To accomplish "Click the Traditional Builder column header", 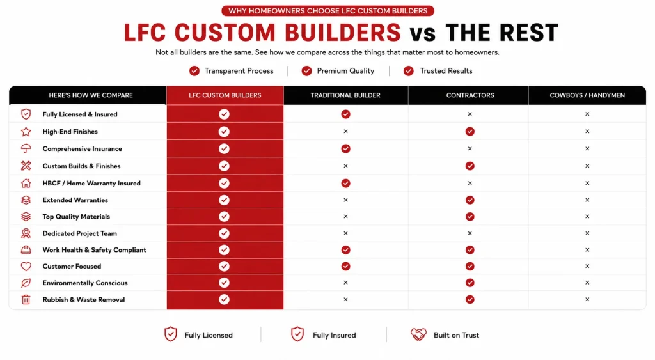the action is pos(345,95).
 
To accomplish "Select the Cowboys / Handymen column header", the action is pos(587,95).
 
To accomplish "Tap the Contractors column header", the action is pos(470,95).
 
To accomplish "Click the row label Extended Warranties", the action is pos(75,200).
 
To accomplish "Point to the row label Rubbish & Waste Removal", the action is pos(84,299).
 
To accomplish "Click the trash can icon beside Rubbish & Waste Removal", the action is pos(26,299).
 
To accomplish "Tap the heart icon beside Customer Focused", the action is pos(26,267).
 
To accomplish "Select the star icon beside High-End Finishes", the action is pos(26,132).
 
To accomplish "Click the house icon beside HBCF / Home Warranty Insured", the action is pos(26,183).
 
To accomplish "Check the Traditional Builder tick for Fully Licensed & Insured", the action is pos(345,114).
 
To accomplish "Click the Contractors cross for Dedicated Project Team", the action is pos(470,233).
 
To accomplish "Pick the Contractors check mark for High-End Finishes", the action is pos(470,132).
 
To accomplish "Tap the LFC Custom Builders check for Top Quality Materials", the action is pos(225,216).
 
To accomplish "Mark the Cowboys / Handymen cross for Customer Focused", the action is pos(587,266).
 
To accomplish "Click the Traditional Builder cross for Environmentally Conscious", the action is pos(345,283).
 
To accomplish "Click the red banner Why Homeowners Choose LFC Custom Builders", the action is pos(328,11).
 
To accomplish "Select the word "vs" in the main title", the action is pos(423,33).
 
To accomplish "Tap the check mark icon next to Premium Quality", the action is pos(306,71).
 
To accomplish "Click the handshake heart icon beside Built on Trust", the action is pos(418,334).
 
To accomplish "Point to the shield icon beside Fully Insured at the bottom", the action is pos(297,334).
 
